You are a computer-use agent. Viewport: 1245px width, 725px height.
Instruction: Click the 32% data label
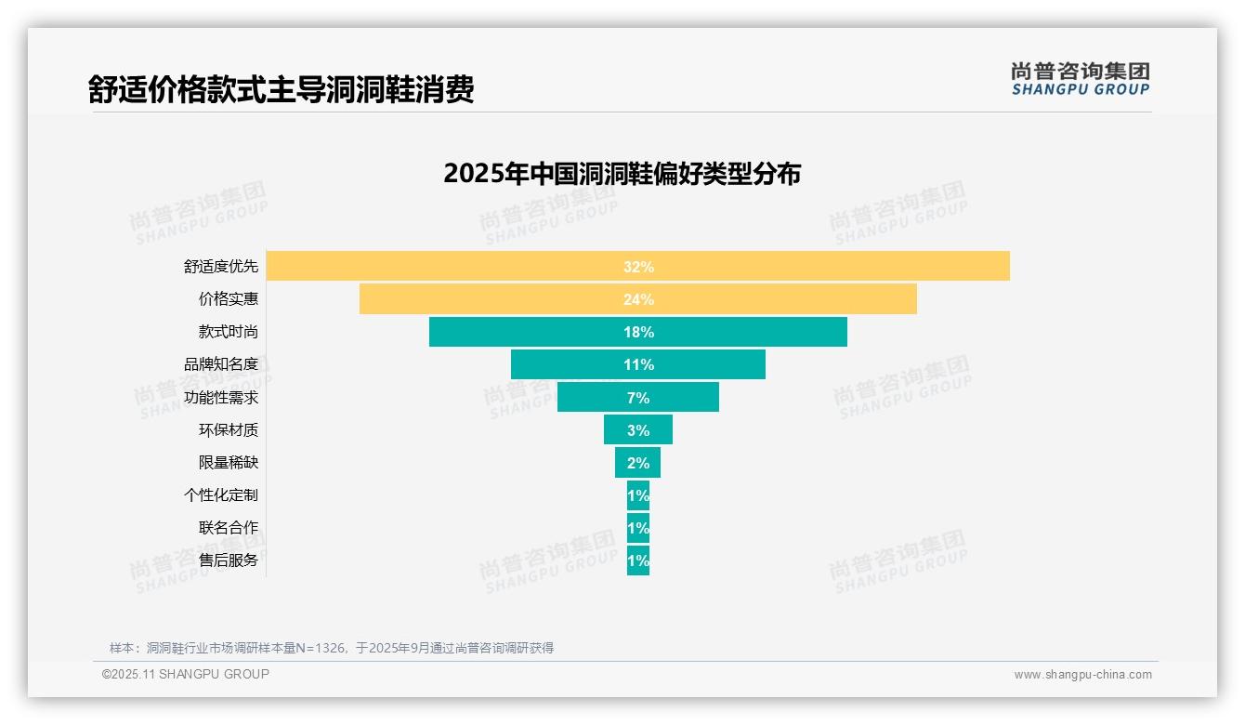[x=638, y=267]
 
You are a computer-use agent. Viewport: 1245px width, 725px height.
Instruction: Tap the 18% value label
[x=638, y=332]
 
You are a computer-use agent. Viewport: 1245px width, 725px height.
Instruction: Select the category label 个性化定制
[x=221, y=495]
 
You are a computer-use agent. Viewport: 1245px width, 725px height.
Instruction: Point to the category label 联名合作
[x=229, y=528]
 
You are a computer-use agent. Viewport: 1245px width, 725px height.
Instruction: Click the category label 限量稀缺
[x=229, y=463]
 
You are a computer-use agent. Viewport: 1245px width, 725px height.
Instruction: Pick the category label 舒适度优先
[x=221, y=267]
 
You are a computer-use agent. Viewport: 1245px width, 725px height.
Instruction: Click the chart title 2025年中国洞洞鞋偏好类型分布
[x=622, y=174]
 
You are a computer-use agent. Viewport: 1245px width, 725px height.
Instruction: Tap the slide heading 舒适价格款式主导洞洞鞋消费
[x=282, y=89]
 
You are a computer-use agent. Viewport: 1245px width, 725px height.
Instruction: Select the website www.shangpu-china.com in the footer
[x=1082, y=675]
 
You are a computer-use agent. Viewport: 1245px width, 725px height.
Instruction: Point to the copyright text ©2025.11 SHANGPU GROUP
[x=186, y=674]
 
